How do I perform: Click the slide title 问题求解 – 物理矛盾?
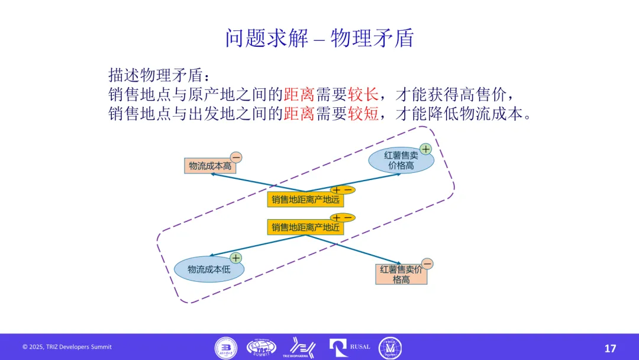(x=319, y=38)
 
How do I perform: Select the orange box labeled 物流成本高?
(x=210, y=166)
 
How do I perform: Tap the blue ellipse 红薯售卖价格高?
(x=401, y=160)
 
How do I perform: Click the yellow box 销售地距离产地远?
(x=305, y=200)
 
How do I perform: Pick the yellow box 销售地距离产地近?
(x=305, y=227)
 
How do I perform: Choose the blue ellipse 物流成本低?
(x=208, y=269)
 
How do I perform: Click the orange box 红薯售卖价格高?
(x=401, y=274)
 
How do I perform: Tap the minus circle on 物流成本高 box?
(x=235, y=157)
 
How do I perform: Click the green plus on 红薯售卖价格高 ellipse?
(x=425, y=149)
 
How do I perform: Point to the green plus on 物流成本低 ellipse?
(x=235, y=258)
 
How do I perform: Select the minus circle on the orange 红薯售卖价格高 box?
(x=427, y=263)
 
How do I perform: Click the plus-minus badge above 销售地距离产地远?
(x=343, y=190)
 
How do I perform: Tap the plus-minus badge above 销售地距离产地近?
(x=343, y=217)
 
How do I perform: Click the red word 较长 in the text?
(x=363, y=94)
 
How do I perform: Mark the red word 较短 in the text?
(x=363, y=114)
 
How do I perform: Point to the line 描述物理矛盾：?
(x=159, y=75)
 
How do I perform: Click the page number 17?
(x=610, y=348)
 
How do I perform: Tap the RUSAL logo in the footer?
(x=350, y=347)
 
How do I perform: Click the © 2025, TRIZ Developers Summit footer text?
(x=67, y=347)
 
